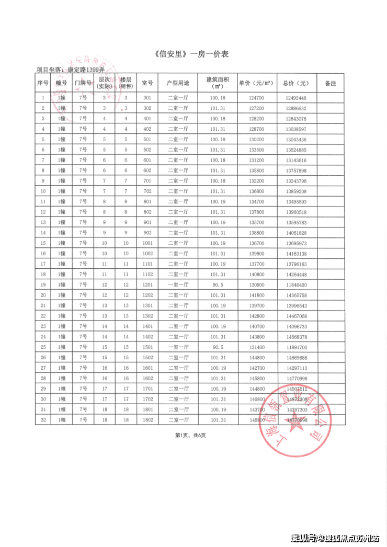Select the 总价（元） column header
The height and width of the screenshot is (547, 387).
click(296, 83)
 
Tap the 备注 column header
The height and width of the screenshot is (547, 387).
click(330, 83)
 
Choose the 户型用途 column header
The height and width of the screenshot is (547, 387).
click(178, 83)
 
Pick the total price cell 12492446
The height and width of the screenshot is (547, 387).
click(296, 98)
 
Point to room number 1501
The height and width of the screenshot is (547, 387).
click(147, 347)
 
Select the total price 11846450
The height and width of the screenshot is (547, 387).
click(296, 285)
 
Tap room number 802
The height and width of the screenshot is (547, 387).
click(147, 212)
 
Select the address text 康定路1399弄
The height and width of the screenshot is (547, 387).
click(86, 70)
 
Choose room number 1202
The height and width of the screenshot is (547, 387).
click(147, 295)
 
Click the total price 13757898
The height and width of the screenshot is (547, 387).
click(296, 170)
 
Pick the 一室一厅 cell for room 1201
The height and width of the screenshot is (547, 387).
click(178, 285)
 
